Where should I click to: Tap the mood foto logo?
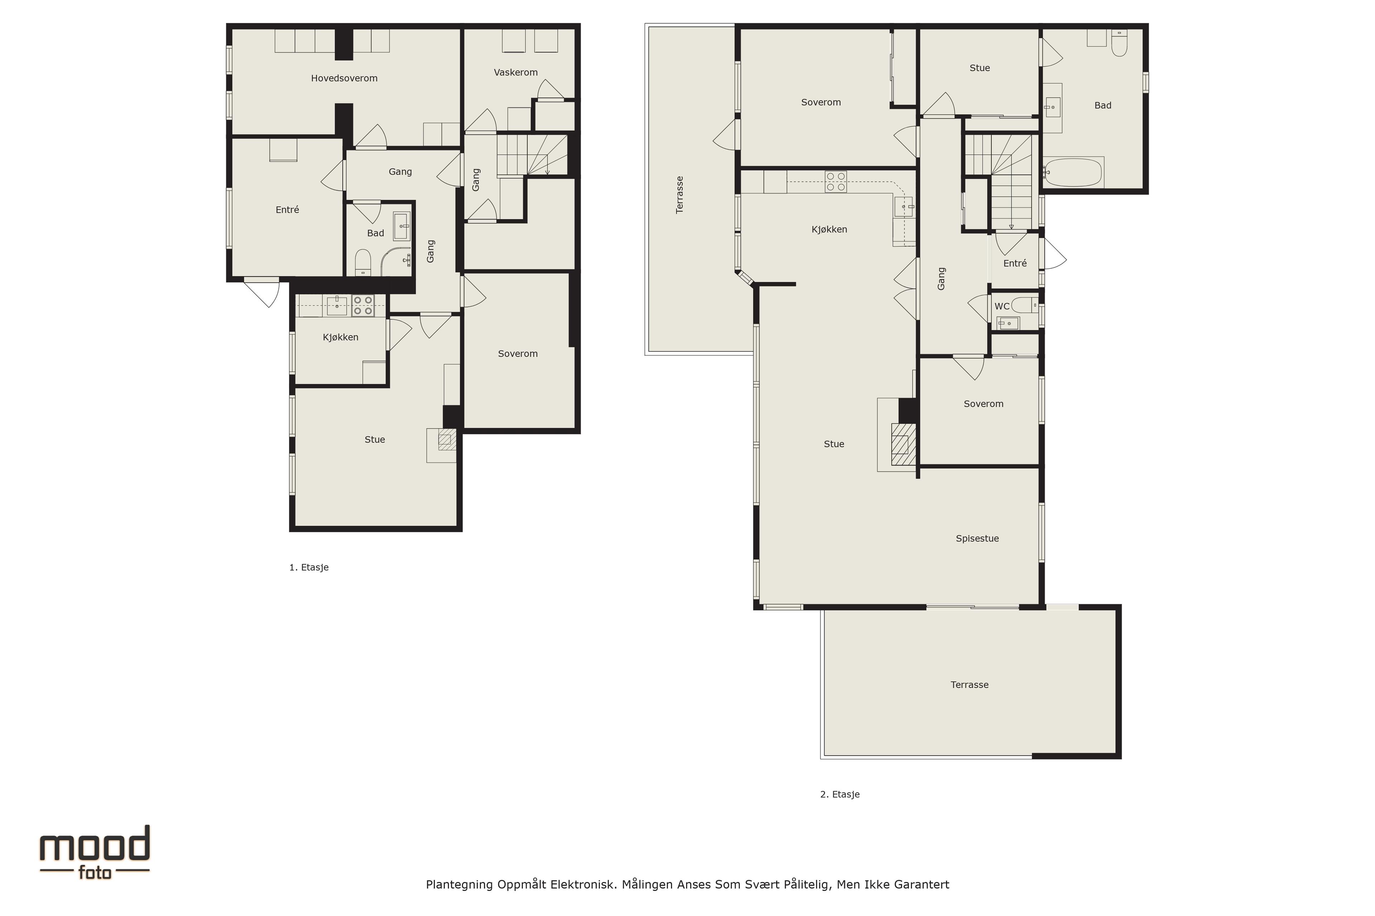point(95,852)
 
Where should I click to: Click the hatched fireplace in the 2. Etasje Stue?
point(903,444)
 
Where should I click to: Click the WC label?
point(1002,306)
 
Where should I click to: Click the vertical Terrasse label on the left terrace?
point(679,195)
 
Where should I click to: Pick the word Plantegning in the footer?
point(459,885)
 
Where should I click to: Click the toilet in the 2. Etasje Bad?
point(1119,43)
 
